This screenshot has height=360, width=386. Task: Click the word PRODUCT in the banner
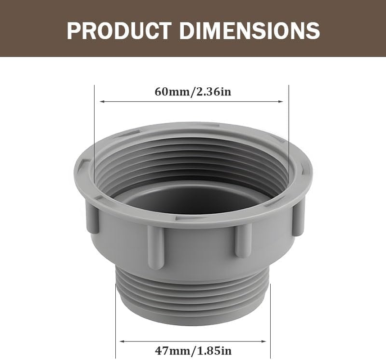[x=119, y=30]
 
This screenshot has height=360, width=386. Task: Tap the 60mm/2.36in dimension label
[x=193, y=92]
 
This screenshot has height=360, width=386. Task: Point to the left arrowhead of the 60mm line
[x=102, y=102]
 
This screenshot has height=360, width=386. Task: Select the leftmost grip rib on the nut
[x=92, y=217]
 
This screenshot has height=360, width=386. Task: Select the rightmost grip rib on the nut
[x=298, y=219]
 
